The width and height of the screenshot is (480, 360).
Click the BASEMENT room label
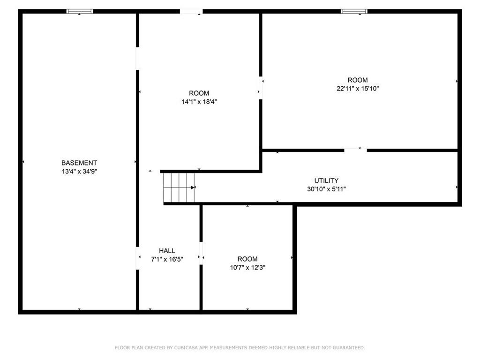click(x=79, y=163)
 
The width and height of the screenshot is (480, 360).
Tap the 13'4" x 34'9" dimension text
click(x=79, y=172)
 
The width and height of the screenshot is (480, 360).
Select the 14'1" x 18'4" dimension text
click(x=199, y=102)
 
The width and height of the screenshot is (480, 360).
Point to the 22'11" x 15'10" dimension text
click(x=358, y=89)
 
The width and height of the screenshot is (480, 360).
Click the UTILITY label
click(x=326, y=180)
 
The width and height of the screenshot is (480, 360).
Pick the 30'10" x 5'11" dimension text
click(x=326, y=189)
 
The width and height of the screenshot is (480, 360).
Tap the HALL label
click(x=167, y=251)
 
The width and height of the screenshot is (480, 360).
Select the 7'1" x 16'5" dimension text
click(x=167, y=259)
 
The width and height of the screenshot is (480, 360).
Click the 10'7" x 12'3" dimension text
click(x=247, y=268)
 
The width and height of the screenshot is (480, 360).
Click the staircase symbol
click(x=179, y=187)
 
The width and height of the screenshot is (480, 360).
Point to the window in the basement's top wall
click(x=80, y=11)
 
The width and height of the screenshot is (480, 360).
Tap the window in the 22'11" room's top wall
click(x=354, y=11)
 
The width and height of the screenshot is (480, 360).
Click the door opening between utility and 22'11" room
click(x=355, y=150)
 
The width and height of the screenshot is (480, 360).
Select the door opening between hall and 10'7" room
click(x=201, y=253)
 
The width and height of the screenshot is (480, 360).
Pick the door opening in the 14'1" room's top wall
click(x=191, y=11)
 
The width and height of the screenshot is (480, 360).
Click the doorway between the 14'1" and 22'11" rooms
click(x=261, y=88)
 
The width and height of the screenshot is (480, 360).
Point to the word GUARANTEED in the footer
click(x=349, y=347)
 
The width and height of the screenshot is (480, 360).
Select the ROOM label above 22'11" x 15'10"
click(x=358, y=80)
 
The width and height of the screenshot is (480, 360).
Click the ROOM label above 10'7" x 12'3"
click(x=247, y=259)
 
